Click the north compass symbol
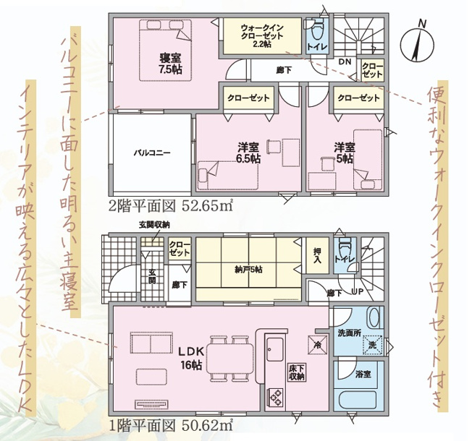[418, 44]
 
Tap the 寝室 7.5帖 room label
[170, 64]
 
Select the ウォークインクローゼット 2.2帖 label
[262, 36]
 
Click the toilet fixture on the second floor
[316, 30]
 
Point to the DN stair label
[345, 62]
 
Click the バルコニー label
[152, 153]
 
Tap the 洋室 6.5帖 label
[248, 153]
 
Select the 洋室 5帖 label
[345, 153]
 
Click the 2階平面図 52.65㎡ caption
[170, 207]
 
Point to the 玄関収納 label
[154, 225]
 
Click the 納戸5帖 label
[248, 270]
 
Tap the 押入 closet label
[317, 256]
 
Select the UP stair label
[358, 291]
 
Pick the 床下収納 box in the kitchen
[297, 372]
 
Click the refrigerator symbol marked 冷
[317, 344]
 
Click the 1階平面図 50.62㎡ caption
[170, 426]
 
